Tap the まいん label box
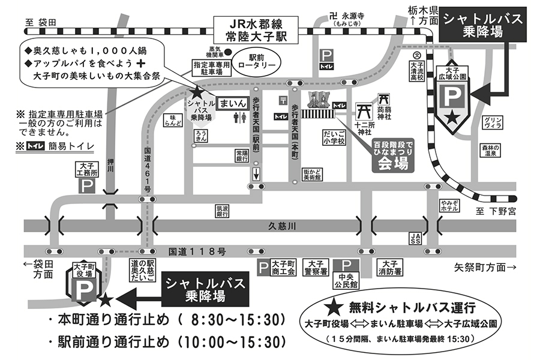point(232,103)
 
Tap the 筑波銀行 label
point(221,211)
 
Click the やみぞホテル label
point(449,206)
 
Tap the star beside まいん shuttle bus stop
point(197,93)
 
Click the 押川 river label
point(110,165)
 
